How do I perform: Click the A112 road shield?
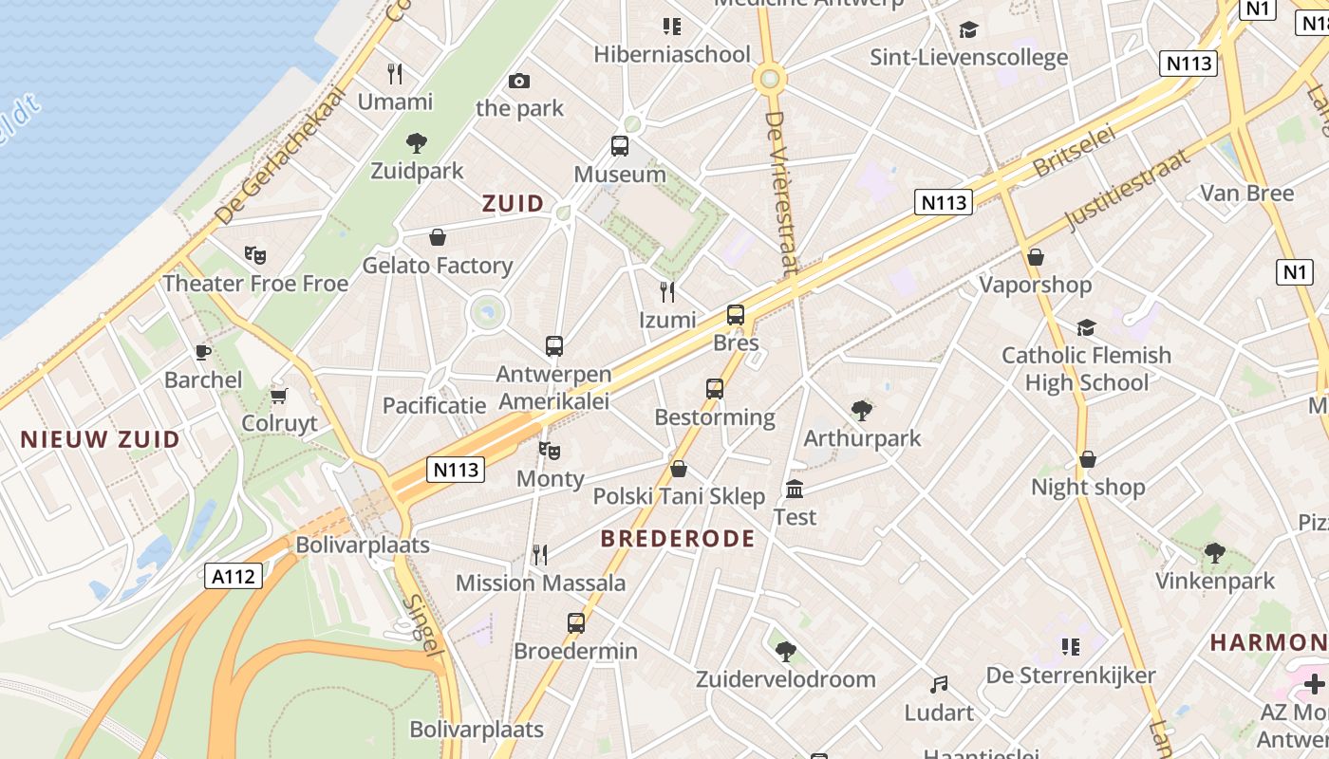234,575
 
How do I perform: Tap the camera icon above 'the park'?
518,82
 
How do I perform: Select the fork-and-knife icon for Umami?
395,73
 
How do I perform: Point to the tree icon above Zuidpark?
416,143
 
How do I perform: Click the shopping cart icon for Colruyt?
278,395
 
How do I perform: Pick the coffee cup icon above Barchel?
202,352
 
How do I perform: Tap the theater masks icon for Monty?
549,450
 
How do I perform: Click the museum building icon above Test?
795,490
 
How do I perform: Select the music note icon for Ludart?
939,684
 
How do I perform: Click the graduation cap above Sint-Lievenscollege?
968,29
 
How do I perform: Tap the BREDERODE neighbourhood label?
678,539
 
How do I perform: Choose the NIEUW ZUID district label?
100,439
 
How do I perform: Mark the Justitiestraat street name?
1127,190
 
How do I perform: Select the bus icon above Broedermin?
575,623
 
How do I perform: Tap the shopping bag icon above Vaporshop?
1036,257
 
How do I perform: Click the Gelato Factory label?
438,266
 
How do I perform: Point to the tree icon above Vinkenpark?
1214,553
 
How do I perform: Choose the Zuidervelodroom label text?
785,679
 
